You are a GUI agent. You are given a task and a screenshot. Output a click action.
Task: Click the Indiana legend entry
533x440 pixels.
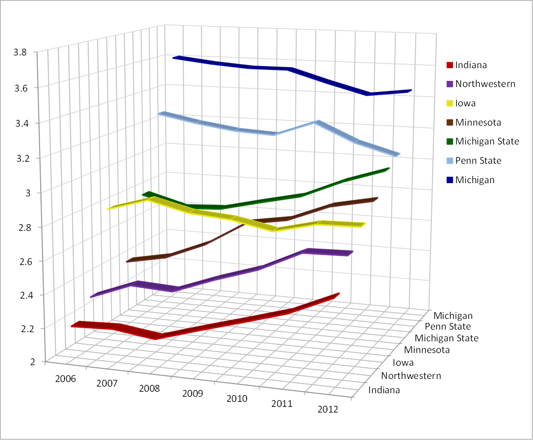coord(471,65)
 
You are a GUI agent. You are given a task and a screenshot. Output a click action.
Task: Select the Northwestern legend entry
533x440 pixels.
coord(485,84)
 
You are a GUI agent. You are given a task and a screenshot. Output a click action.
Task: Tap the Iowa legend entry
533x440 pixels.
coord(465,103)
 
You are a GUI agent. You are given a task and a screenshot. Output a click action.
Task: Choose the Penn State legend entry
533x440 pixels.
coord(478,161)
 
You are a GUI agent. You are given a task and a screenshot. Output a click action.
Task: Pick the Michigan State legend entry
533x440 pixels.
coord(487,141)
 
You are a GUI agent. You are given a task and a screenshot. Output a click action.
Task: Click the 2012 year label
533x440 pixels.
coord(328,409)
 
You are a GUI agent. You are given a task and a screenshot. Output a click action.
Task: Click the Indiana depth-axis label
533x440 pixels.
coord(384,390)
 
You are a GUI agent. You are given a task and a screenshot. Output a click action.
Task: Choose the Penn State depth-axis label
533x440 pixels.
coord(448,327)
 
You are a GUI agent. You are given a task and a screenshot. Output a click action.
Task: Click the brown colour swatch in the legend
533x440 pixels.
coord(450,123)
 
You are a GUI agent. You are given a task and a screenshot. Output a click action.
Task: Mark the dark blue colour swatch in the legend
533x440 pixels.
coord(450,180)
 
